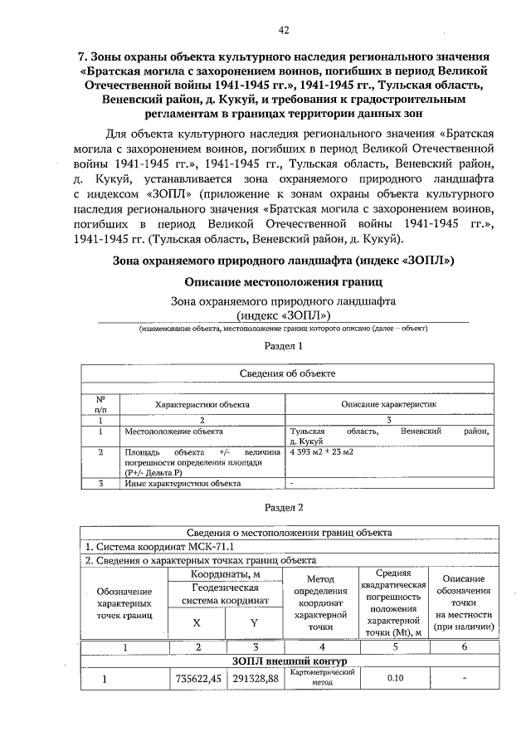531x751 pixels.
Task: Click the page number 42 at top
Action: [284, 31]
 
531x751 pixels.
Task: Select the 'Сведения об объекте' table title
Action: [288, 373]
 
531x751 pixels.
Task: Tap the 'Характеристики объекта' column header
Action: [202, 403]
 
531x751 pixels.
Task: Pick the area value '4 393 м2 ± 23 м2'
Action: [322, 452]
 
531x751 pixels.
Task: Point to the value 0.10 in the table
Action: [396, 679]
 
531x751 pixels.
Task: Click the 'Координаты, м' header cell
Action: [226, 573]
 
